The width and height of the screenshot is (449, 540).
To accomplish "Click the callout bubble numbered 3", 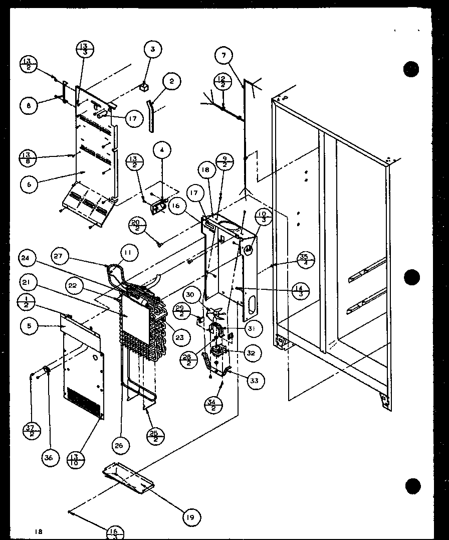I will [153, 49].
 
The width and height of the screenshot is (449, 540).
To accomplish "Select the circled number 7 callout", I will [224, 55].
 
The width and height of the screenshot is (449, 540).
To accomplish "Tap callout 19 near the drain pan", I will [191, 516].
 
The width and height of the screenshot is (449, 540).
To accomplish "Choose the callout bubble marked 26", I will [121, 444].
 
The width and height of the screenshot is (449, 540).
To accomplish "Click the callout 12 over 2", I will [222, 81].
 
